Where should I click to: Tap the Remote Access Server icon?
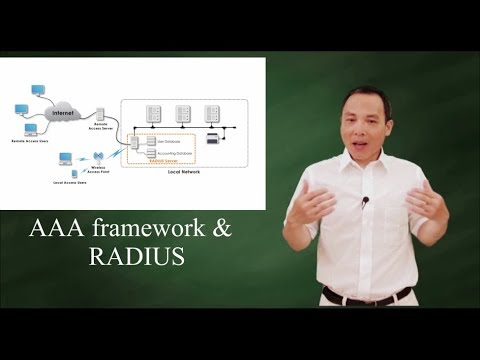[101, 116]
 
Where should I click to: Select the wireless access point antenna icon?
[98, 158]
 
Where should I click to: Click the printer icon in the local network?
[212, 138]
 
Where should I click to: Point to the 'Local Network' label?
[184, 172]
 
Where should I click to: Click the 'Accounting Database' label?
[170, 152]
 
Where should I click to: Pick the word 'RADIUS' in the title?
[136, 257]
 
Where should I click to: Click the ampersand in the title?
[220, 229]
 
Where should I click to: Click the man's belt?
[366, 296]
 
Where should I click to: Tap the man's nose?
[365, 124]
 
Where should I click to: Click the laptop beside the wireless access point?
[66, 160]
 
